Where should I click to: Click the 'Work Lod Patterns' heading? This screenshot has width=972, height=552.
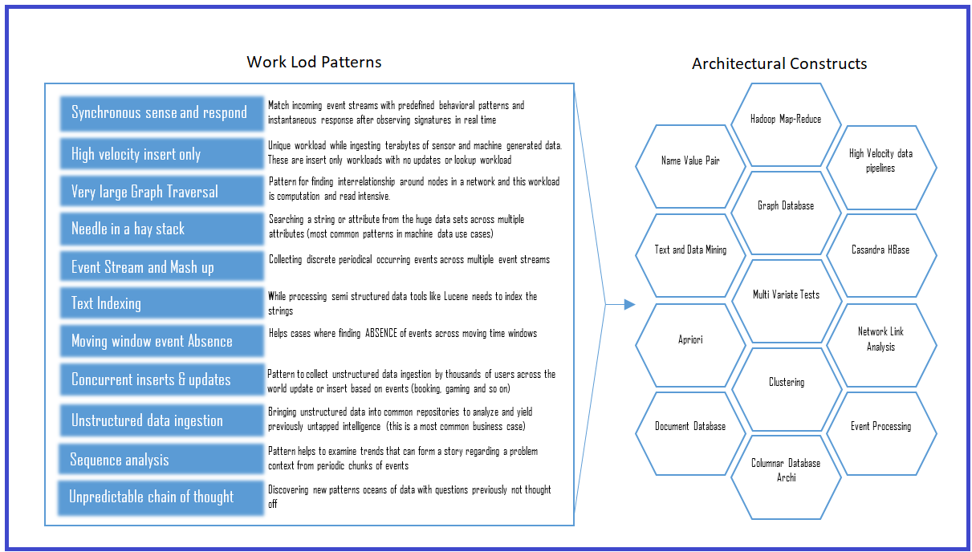tap(314, 62)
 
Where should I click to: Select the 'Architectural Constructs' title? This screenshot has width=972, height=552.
tap(779, 63)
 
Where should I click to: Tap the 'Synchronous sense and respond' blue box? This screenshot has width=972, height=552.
tap(159, 113)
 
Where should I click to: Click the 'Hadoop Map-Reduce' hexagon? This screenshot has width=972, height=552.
tap(786, 119)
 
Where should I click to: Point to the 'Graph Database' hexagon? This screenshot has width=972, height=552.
tap(786, 206)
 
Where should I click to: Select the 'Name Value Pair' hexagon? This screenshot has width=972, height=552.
tap(690, 160)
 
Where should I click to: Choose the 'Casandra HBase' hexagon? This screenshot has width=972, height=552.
tap(880, 250)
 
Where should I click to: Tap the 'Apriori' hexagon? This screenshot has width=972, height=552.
tap(690, 339)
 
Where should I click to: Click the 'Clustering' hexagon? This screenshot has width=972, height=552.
tap(786, 383)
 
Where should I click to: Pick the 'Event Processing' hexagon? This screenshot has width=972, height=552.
tap(880, 426)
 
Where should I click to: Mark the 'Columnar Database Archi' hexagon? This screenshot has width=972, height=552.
tap(786, 470)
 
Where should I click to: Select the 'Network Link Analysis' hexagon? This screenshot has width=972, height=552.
tap(880, 339)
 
